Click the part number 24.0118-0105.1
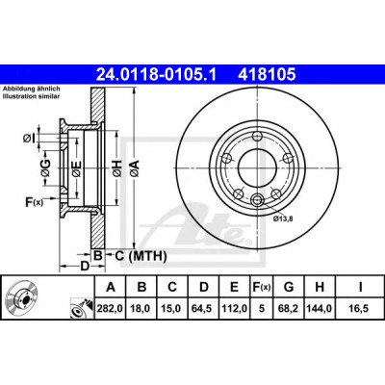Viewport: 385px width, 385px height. pos(157,75)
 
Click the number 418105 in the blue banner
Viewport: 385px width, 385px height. pos(267,75)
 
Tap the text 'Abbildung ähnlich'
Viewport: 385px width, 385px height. pos(32,89)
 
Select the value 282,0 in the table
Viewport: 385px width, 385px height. pos(111,309)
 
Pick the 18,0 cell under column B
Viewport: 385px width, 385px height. pos(141,309)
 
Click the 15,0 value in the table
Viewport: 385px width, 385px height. pos(172,309)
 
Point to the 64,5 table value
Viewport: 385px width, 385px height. pos(203,309)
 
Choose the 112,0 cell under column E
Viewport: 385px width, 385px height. pos(234,309)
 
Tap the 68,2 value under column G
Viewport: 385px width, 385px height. pos(289,309)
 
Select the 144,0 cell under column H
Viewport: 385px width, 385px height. pos(320,309)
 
